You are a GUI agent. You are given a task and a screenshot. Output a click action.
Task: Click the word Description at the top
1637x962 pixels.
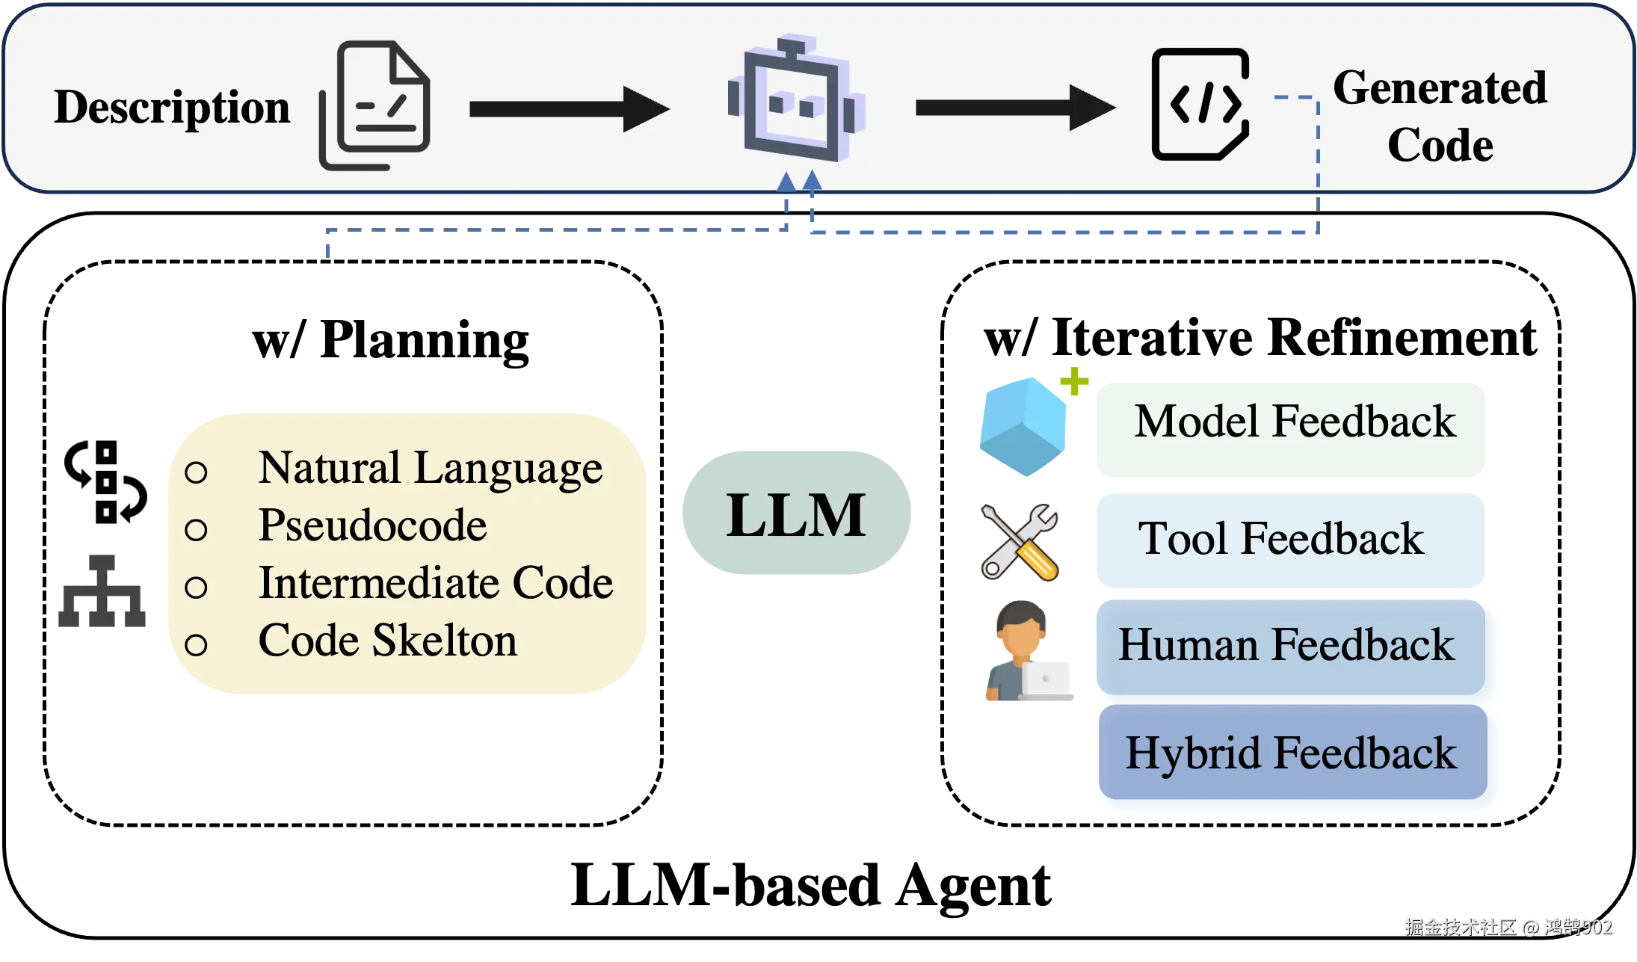[172, 108]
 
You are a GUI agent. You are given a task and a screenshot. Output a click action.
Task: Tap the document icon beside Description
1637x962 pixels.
[374, 105]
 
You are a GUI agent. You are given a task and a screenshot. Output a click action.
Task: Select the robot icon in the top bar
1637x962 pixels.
[796, 98]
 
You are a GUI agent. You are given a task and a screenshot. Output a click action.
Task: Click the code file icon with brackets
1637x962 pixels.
[1200, 104]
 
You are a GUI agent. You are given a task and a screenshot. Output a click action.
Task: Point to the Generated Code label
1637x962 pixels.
[1440, 116]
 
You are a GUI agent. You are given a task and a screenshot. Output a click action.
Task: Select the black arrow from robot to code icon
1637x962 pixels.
[1016, 108]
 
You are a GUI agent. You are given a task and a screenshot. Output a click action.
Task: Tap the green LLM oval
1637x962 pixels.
[797, 513]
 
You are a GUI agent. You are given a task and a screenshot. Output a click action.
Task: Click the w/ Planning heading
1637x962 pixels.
[390, 341]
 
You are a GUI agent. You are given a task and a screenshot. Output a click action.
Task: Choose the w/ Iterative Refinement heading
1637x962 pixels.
[1260, 338]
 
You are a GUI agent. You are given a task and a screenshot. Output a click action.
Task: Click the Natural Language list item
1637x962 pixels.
[430, 469]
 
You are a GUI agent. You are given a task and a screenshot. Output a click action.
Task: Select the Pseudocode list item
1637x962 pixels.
[372, 525]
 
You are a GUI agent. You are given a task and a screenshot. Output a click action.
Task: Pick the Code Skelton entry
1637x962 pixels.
[387, 641]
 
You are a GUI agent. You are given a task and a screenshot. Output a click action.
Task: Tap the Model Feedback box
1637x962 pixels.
[1291, 430]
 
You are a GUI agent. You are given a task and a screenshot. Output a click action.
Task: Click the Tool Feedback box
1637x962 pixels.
[1291, 540]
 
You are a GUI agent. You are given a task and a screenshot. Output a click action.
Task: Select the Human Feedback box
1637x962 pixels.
[1291, 647]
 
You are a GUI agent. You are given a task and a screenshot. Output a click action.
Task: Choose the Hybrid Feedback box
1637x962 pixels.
[1293, 752]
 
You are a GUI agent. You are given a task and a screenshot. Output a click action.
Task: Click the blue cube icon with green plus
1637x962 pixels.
[1032, 423]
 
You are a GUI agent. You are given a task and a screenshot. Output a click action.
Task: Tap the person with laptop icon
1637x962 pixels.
[1029, 651]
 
